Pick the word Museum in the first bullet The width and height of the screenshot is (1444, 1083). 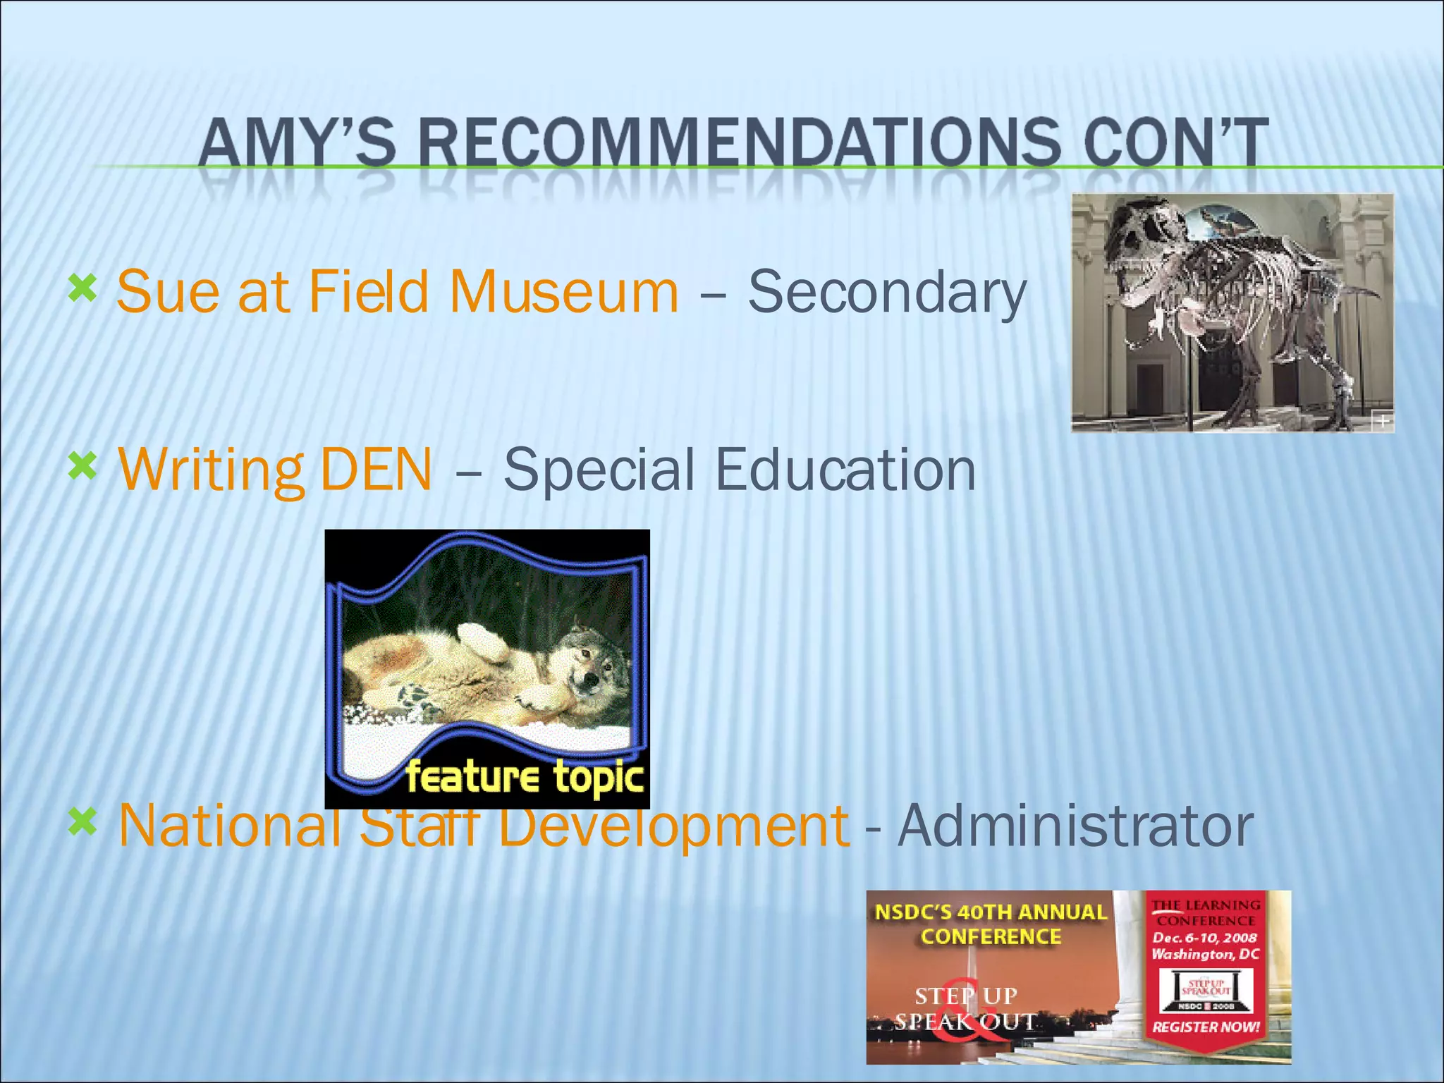[x=564, y=291]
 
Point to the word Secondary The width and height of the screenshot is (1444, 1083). [x=887, y=293]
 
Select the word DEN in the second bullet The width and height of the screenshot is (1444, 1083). [x=376, y=470]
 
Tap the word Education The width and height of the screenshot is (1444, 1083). [x=846, y=470]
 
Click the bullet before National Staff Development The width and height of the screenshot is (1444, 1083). [x=82, y=821]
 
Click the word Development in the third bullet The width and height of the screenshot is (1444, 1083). [x=673, y=826]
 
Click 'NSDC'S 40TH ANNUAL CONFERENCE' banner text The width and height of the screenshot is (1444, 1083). [x=991, y=924]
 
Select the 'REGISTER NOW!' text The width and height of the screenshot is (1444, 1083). [x=1206, y=1027]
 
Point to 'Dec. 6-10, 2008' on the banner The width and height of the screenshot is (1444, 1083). [x=1205, y=938]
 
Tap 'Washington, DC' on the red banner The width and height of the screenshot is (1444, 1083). [x=1205, y=955]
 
